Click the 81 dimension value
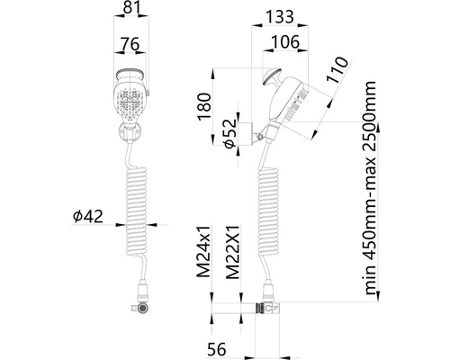(132, 8)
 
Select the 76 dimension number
(130, 44)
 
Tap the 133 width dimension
(280, 16)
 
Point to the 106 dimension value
(285, 41)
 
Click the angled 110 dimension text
(337, 70)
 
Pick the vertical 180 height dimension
(204, 106)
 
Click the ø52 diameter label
(230, 134)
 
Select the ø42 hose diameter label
(88, 216)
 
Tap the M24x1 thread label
(204, 251)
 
